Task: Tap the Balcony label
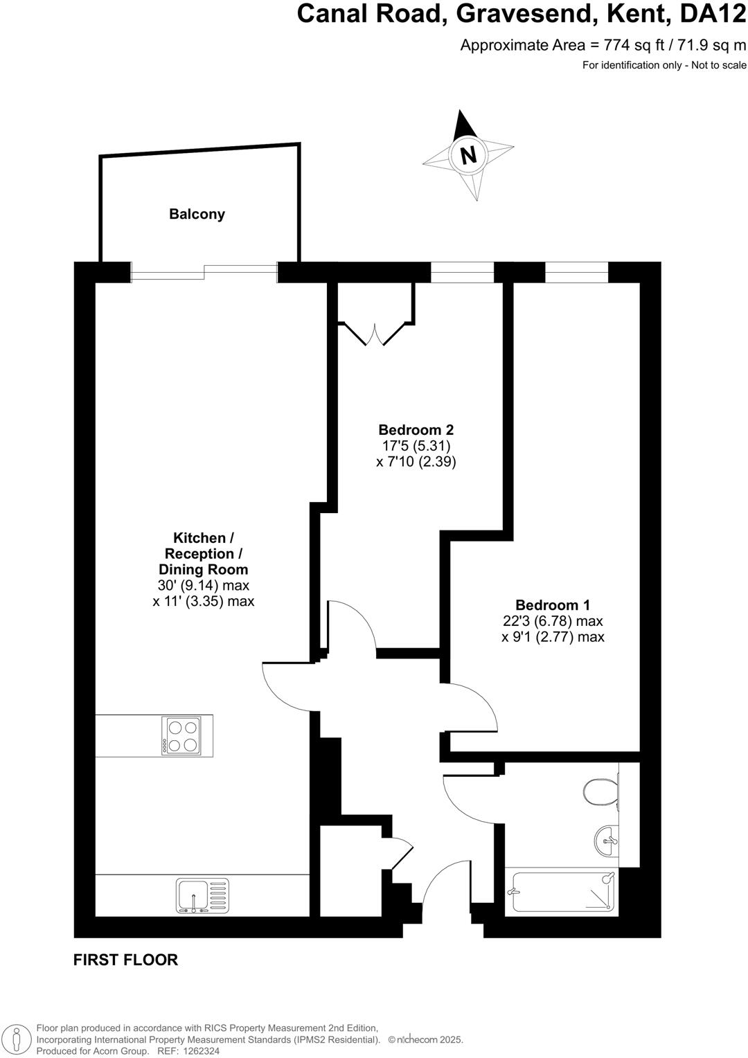197,215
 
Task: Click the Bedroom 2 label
416,429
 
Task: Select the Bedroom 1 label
553,604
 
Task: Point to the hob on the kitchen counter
181,736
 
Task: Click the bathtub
562,892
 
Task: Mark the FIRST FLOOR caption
125,960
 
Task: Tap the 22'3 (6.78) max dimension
553,621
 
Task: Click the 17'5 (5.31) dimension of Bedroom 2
416,446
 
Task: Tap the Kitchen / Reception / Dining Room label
203,554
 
